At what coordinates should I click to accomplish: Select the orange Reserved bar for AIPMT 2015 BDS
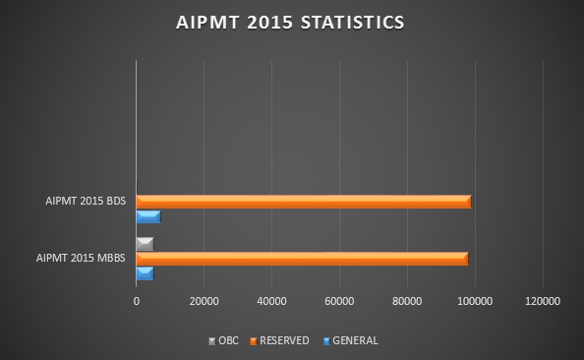click(303, 202)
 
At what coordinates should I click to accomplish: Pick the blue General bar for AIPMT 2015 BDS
click(147, 216)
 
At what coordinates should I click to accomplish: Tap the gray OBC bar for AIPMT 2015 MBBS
click(145, 243)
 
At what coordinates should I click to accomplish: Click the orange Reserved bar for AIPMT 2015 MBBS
click(302, 259)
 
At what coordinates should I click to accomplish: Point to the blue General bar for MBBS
click(145, 273)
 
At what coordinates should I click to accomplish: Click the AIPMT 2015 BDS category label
click(87, 202)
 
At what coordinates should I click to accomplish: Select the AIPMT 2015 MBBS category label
click(82, 259)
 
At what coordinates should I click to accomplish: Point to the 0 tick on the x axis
click(136, 301)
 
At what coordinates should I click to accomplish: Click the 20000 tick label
click(204, 301)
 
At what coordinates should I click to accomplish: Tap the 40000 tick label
click(271, 301)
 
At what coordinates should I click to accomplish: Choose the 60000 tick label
click(339, 301)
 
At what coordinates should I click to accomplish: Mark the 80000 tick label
click(407, 301)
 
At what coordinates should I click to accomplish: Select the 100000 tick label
click(475, 301)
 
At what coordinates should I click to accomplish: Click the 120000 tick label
click(543, 301)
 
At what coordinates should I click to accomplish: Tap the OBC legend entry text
click(228, 341)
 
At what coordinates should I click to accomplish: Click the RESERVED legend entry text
click(284, 341)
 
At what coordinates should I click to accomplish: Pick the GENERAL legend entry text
click(355, 341)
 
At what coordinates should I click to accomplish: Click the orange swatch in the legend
click(253, 341)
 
